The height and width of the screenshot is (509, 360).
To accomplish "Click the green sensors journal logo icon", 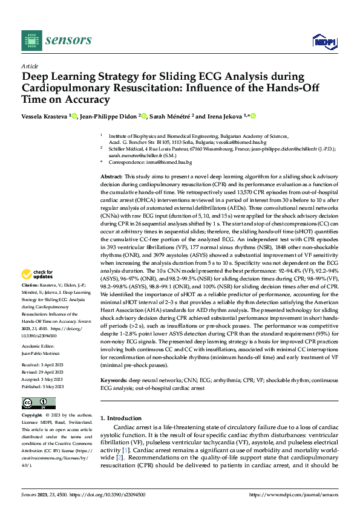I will [x=30, y=40].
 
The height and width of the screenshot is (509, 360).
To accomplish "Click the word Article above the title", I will [x=30, y=66].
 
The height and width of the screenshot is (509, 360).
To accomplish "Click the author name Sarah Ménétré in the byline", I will [x=167, y=115].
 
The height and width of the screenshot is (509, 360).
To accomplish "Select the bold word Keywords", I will [x=113, y=380].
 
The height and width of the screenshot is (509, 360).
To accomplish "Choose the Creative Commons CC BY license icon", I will [x=38, y=403].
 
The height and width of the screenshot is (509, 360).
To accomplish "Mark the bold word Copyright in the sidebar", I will [x=31, y=416].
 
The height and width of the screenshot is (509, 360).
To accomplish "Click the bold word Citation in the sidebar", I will [x=30, y=284].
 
